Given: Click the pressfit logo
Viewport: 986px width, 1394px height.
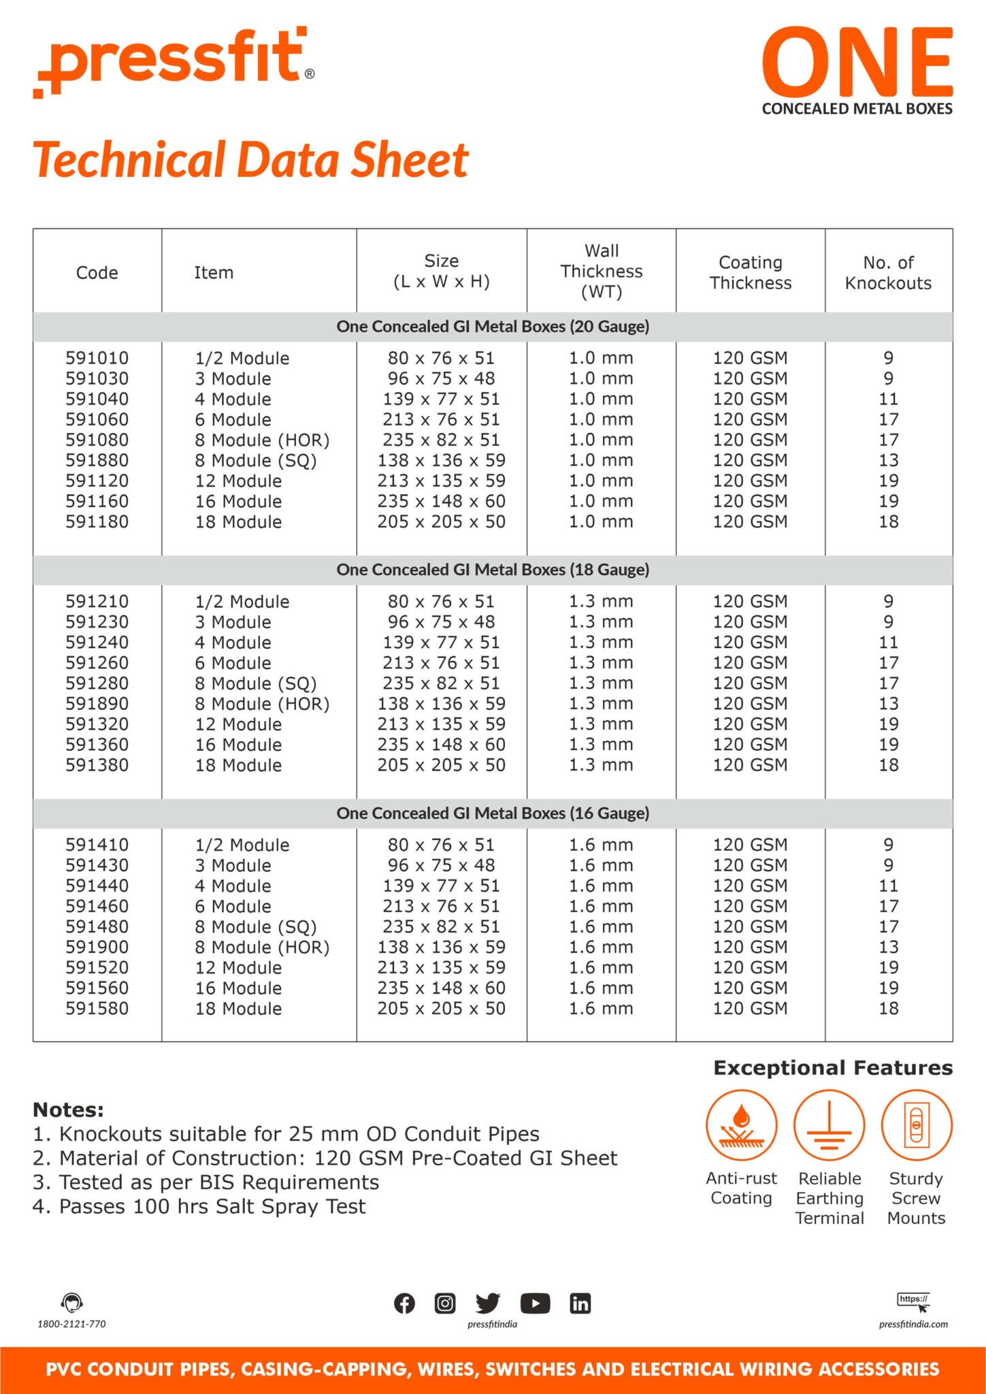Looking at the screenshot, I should point(174,61).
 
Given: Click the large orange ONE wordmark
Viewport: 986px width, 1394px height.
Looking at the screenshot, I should point(857,63).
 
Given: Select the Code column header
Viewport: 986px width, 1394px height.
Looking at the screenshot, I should point(97,273).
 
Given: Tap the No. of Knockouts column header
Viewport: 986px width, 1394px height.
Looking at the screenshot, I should point(888,273).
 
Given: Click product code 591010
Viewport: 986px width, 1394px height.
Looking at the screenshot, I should point(97,358).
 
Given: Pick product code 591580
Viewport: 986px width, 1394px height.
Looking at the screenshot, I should point(97,1009).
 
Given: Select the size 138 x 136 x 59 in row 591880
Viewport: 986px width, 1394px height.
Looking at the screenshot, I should point(441,461).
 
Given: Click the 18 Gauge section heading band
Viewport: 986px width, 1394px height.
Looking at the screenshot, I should point(493,570).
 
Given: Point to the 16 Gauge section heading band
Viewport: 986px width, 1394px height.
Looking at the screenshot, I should point(493,813).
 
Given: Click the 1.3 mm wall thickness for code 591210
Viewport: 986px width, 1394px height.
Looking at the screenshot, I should point(601,602).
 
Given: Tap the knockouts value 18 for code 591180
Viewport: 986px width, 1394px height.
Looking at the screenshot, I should point(888,522).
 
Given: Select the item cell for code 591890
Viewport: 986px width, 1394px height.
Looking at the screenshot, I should point(262,704).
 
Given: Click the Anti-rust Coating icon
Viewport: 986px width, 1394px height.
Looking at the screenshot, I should point(741,1125).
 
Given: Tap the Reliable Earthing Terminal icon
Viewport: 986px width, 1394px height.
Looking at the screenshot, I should point(829,1125).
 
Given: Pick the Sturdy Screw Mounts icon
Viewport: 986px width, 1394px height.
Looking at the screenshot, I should point(916,1125).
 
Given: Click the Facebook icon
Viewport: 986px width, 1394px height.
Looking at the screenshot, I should point(404,1303).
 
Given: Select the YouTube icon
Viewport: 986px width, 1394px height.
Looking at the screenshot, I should point(535,1303).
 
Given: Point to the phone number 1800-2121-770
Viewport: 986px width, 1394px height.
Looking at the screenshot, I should point(71,1324).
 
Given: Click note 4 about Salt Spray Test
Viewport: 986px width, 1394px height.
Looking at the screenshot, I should point(199,1207).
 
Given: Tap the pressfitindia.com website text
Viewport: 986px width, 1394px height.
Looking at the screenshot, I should point(913,1324).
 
